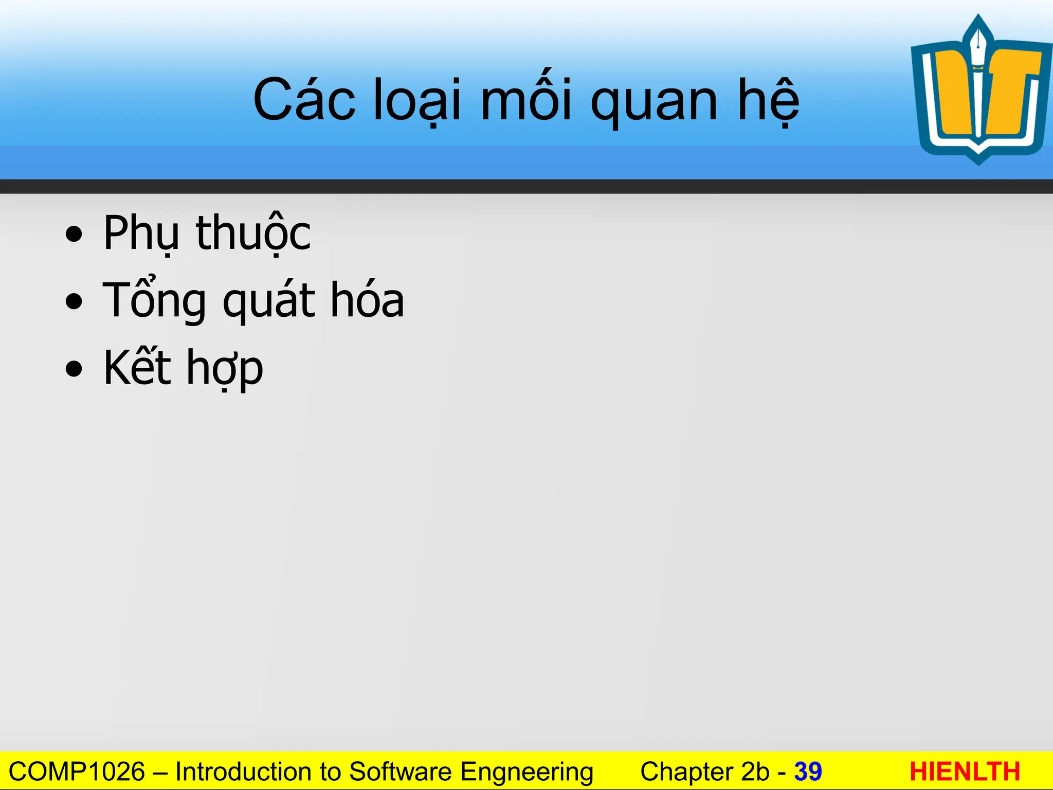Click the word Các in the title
pyautogui.click(x=304, y=100)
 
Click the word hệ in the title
pyautogui.click(x=768, y=100)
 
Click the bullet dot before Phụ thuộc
pyautogui.click(x=74, y=235)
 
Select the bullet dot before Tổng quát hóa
pyautogui.click(x=74, y=302)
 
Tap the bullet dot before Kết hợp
pyautogui.click(x=74, y=369)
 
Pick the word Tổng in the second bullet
pyautogui.click(x=154, y=301)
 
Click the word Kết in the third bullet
pyautogui.click(x=137, y=367)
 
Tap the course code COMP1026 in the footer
pyautogui.click(x=77, y=772)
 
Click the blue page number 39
pyautogui.click(x=808, y=772)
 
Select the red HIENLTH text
pyautogui.click(x=965, y=772)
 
